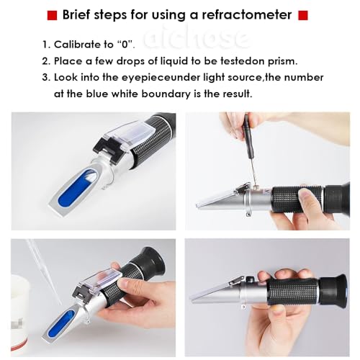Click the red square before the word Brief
51,15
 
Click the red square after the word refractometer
303,15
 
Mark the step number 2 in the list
46,60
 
